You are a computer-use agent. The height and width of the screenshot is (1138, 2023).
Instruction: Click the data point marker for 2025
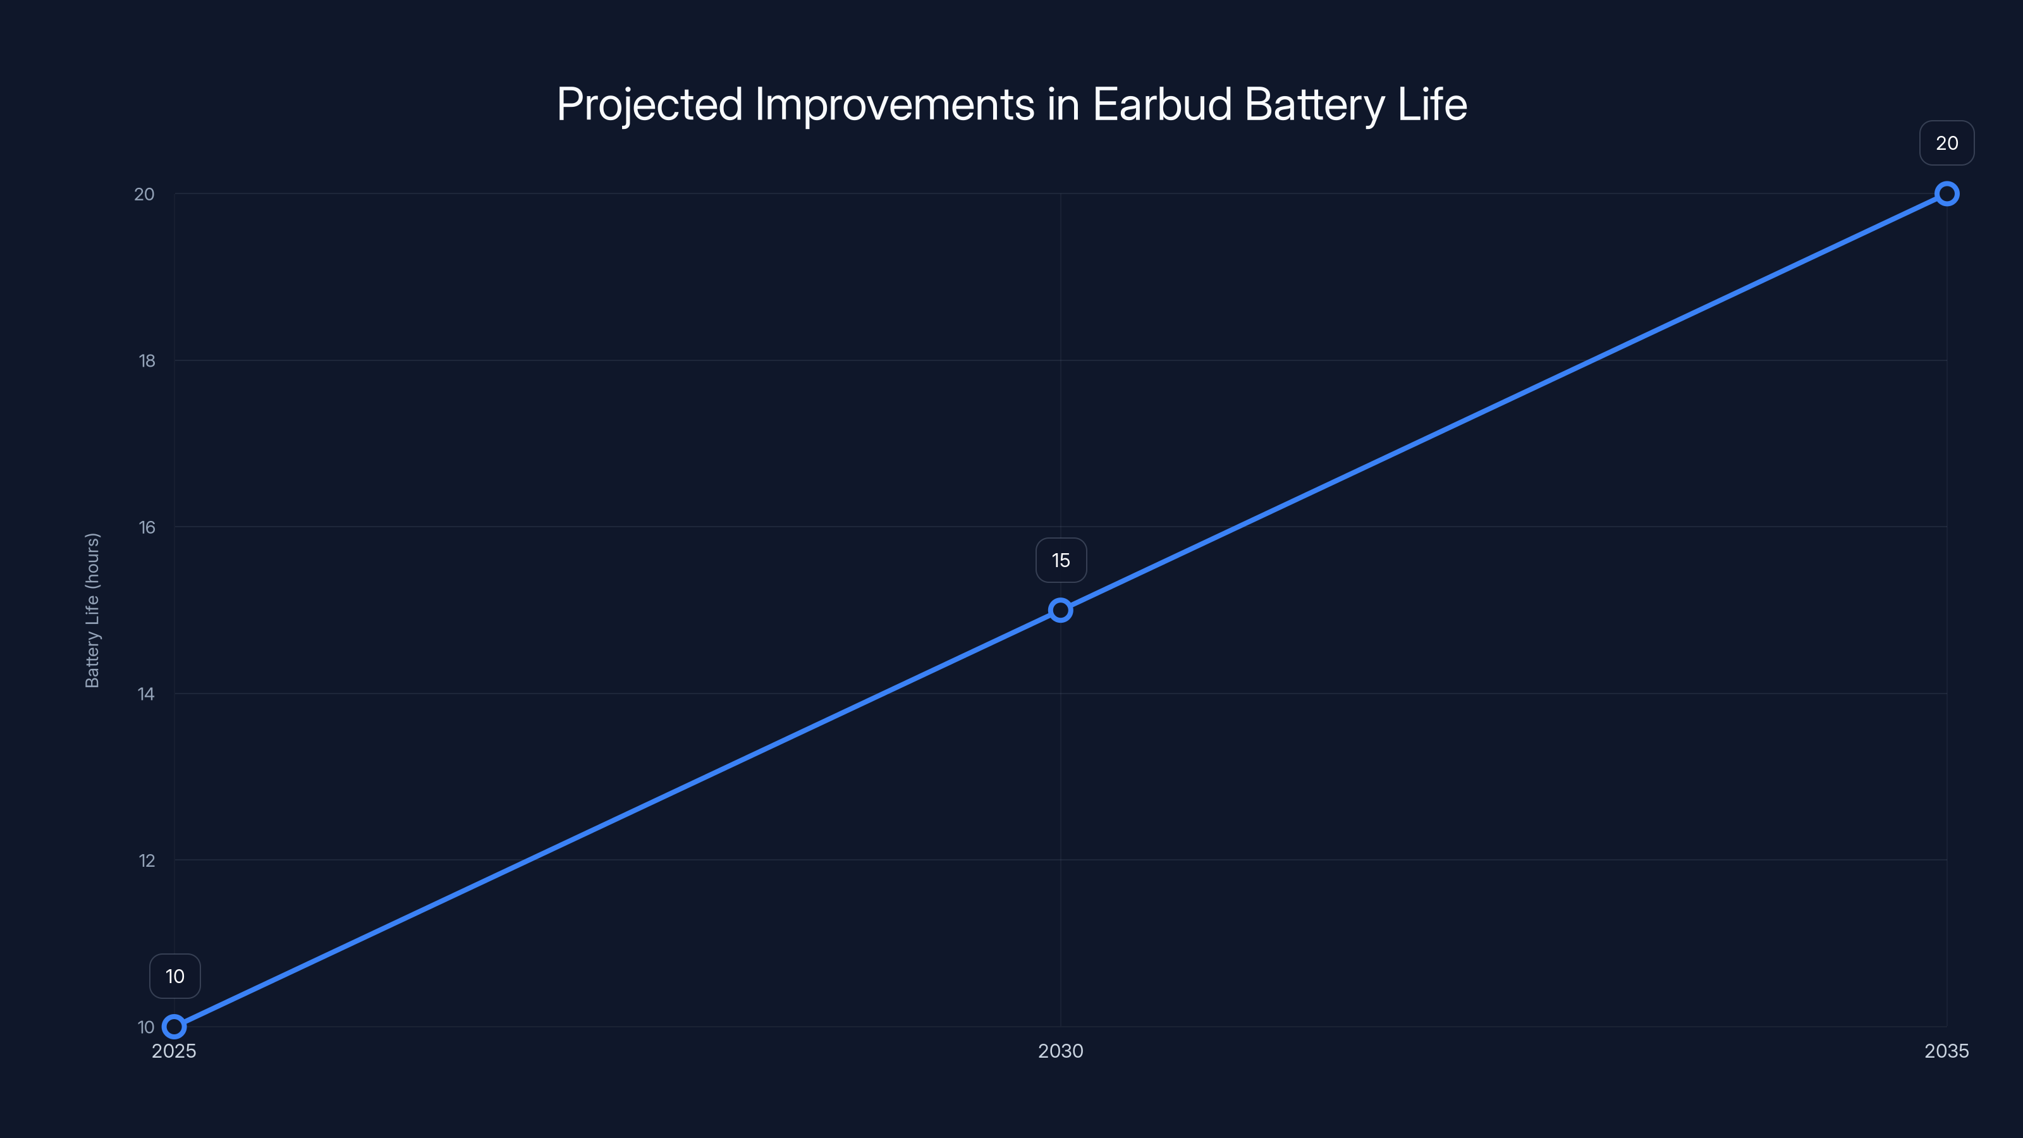tap(174, 1027)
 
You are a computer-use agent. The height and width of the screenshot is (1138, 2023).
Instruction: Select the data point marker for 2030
tap(1060, 610)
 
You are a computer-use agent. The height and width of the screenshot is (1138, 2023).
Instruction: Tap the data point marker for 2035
tap(1947, 194)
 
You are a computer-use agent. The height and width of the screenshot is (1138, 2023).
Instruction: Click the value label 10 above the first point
tap(175, 976)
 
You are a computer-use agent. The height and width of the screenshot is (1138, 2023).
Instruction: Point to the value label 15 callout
tap(1061, 560)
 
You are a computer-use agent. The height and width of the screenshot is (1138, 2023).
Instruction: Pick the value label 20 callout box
tap(1947, 143)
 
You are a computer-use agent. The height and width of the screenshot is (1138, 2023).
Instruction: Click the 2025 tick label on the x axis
tap(174, 1051)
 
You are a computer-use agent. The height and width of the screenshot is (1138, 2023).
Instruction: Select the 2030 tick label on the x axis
tap(1060, 1051)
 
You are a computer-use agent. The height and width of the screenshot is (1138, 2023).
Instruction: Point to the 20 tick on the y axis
tap(145, 194)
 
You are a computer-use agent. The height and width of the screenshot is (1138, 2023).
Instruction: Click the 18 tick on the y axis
tap(147, 360)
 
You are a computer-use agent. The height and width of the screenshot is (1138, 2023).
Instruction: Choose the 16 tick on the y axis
tap(147, 527)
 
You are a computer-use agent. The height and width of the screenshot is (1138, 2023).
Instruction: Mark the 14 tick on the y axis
tap(146, 694)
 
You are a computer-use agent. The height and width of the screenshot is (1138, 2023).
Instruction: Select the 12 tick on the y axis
tap(147, 860)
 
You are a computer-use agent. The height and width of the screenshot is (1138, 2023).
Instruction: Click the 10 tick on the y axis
tap(146, 1027)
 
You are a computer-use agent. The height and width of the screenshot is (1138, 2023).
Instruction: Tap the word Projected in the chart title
tap(649, 104)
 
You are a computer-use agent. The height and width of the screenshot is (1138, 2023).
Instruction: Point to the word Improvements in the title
tap(895, 104)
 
